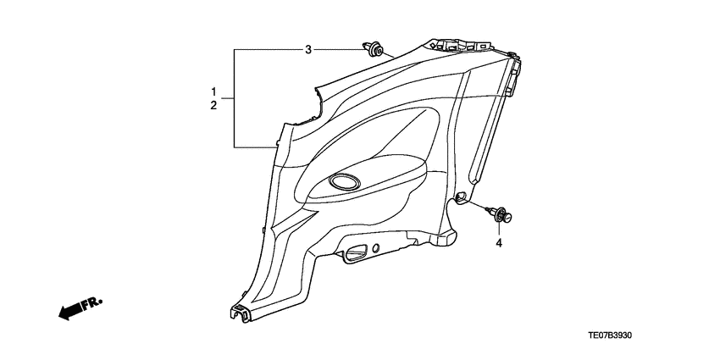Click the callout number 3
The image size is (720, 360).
coord(309,51)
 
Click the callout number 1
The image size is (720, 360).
coord(214,91)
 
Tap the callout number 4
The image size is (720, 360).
coord(499,244)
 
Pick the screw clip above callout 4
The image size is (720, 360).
coord(500,216)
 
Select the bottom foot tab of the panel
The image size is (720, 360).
coord(240,312)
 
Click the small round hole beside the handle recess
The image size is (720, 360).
coord(376,248)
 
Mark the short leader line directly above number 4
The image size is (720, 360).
coord(499,230)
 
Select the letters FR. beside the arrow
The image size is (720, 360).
coord(91,302)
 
